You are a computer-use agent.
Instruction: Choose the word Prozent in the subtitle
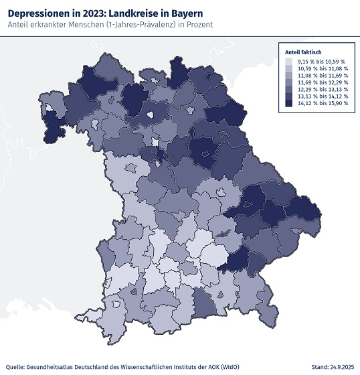click(x=197, y=25)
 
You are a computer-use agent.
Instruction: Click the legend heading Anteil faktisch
click(x=304, y=52)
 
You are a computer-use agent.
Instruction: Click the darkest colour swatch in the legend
click(x=288, y=104)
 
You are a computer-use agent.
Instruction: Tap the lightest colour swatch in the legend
click(x=288, y=62)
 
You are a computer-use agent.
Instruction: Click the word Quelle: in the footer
click(x=15, y=367)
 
